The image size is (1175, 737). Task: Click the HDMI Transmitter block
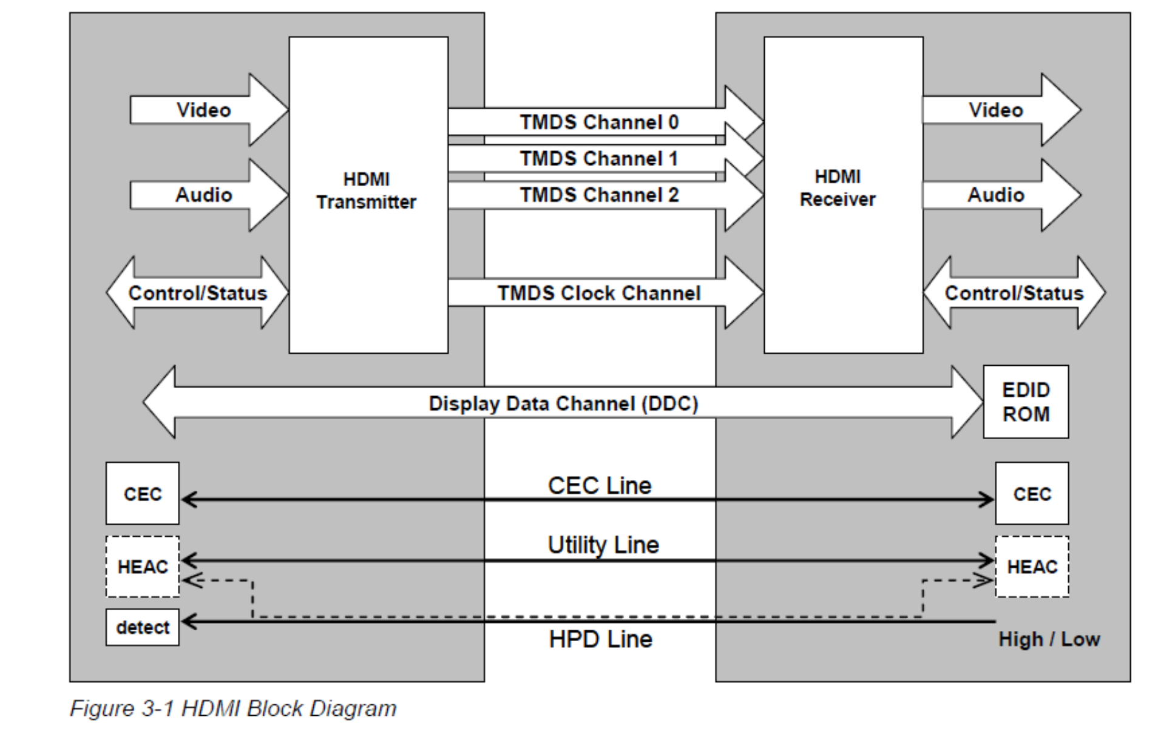pyautogui.click(x=368, y=194)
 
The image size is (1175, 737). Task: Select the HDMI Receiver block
pyautogui.click(x=843, y=194)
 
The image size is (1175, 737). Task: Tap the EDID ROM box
pyautogui.click(x=1025, y=402)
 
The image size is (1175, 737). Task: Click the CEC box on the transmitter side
pyautogui.click(x=142, y=493)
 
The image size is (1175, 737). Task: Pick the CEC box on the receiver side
pyautogui.click(x=1031, y=493)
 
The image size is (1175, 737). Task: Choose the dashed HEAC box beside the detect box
pyautogui.click(x=142, y=567)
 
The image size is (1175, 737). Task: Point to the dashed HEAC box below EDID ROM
pyautogui.click(x=1031, y=567)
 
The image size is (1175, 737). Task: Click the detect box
pyautogui.click(x=142, y=627)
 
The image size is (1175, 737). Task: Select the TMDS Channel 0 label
pyautogui.click(x=598, y=122)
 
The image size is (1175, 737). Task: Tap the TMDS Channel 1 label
pyautogui.click(x=598, y=158)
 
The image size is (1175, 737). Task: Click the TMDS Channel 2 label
pyautogui.click(x=598, y=195)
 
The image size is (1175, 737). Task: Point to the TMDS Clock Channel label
pyautogui.click(x=598, y=293)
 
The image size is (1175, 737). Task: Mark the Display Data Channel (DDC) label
pyautogui.click(x=563, y=403)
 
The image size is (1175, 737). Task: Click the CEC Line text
pyautogui.click(x=599, y=485)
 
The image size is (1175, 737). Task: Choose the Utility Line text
pyautogui.click(x=603, y=545)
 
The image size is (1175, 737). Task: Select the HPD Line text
pyautogui.click(x=600, y=639)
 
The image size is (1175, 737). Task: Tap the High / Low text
pyautogui.click(x=1049, y=639)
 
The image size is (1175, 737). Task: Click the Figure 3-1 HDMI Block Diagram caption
pyautogui.click(x=233, y=708)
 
